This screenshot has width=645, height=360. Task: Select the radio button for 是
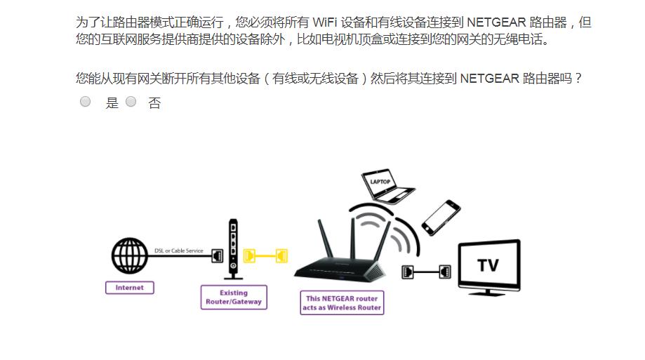pyautogui.click(x=86, y=102)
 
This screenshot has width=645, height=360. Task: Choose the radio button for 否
pyautogui.click(x=131, y=102)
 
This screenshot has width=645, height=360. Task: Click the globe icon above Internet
pyautogui.click(x=129, y=257)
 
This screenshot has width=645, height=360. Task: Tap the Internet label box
pyautogui.click(x=129, y=288)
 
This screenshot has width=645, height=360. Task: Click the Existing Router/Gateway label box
pyautogui.click(x=233, y=298)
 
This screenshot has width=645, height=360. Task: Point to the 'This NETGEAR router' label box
pyautogui.click(x=342, y=303)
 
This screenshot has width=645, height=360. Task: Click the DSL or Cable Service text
pyautogui.click(x=178, y=251)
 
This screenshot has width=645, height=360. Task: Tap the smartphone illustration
pyautogui.click(x=441, y=217)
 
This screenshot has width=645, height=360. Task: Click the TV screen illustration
pyautogui.click(x=488, y=265)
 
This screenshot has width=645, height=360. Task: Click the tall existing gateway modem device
pyautogui.click(x=233, y=249)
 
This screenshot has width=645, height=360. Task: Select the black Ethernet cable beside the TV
pyautogui.click(x=426, y=272)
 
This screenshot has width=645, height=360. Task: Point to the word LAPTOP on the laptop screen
pyautogui.click(x=380, y=182)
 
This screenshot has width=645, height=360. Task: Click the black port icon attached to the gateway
pyautogui.click(x=218, y=255)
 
